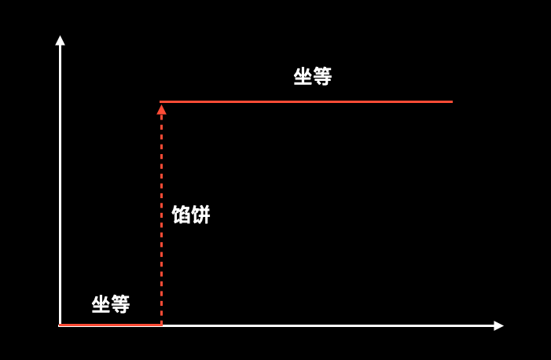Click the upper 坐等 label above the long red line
(313, 76)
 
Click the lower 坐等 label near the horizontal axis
(111, 304)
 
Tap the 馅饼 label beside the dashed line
(191, 215)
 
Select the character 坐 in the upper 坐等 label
(303, 76)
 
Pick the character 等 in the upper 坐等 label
(322, 76)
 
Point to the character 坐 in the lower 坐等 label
(101, 304)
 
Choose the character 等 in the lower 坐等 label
(120, 304)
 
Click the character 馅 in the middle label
(182, 215)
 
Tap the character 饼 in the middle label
(200, 215)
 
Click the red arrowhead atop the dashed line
(161, 109)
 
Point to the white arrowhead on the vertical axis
(61, 40)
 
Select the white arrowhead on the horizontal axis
(498, 325)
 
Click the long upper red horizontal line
(307, 101)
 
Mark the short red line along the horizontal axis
(110, 325)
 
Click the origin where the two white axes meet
(61, 325)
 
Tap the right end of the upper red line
(451, 101)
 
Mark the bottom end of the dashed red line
(161, 322)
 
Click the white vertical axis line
(61, 181)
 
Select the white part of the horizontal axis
(330, 325)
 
